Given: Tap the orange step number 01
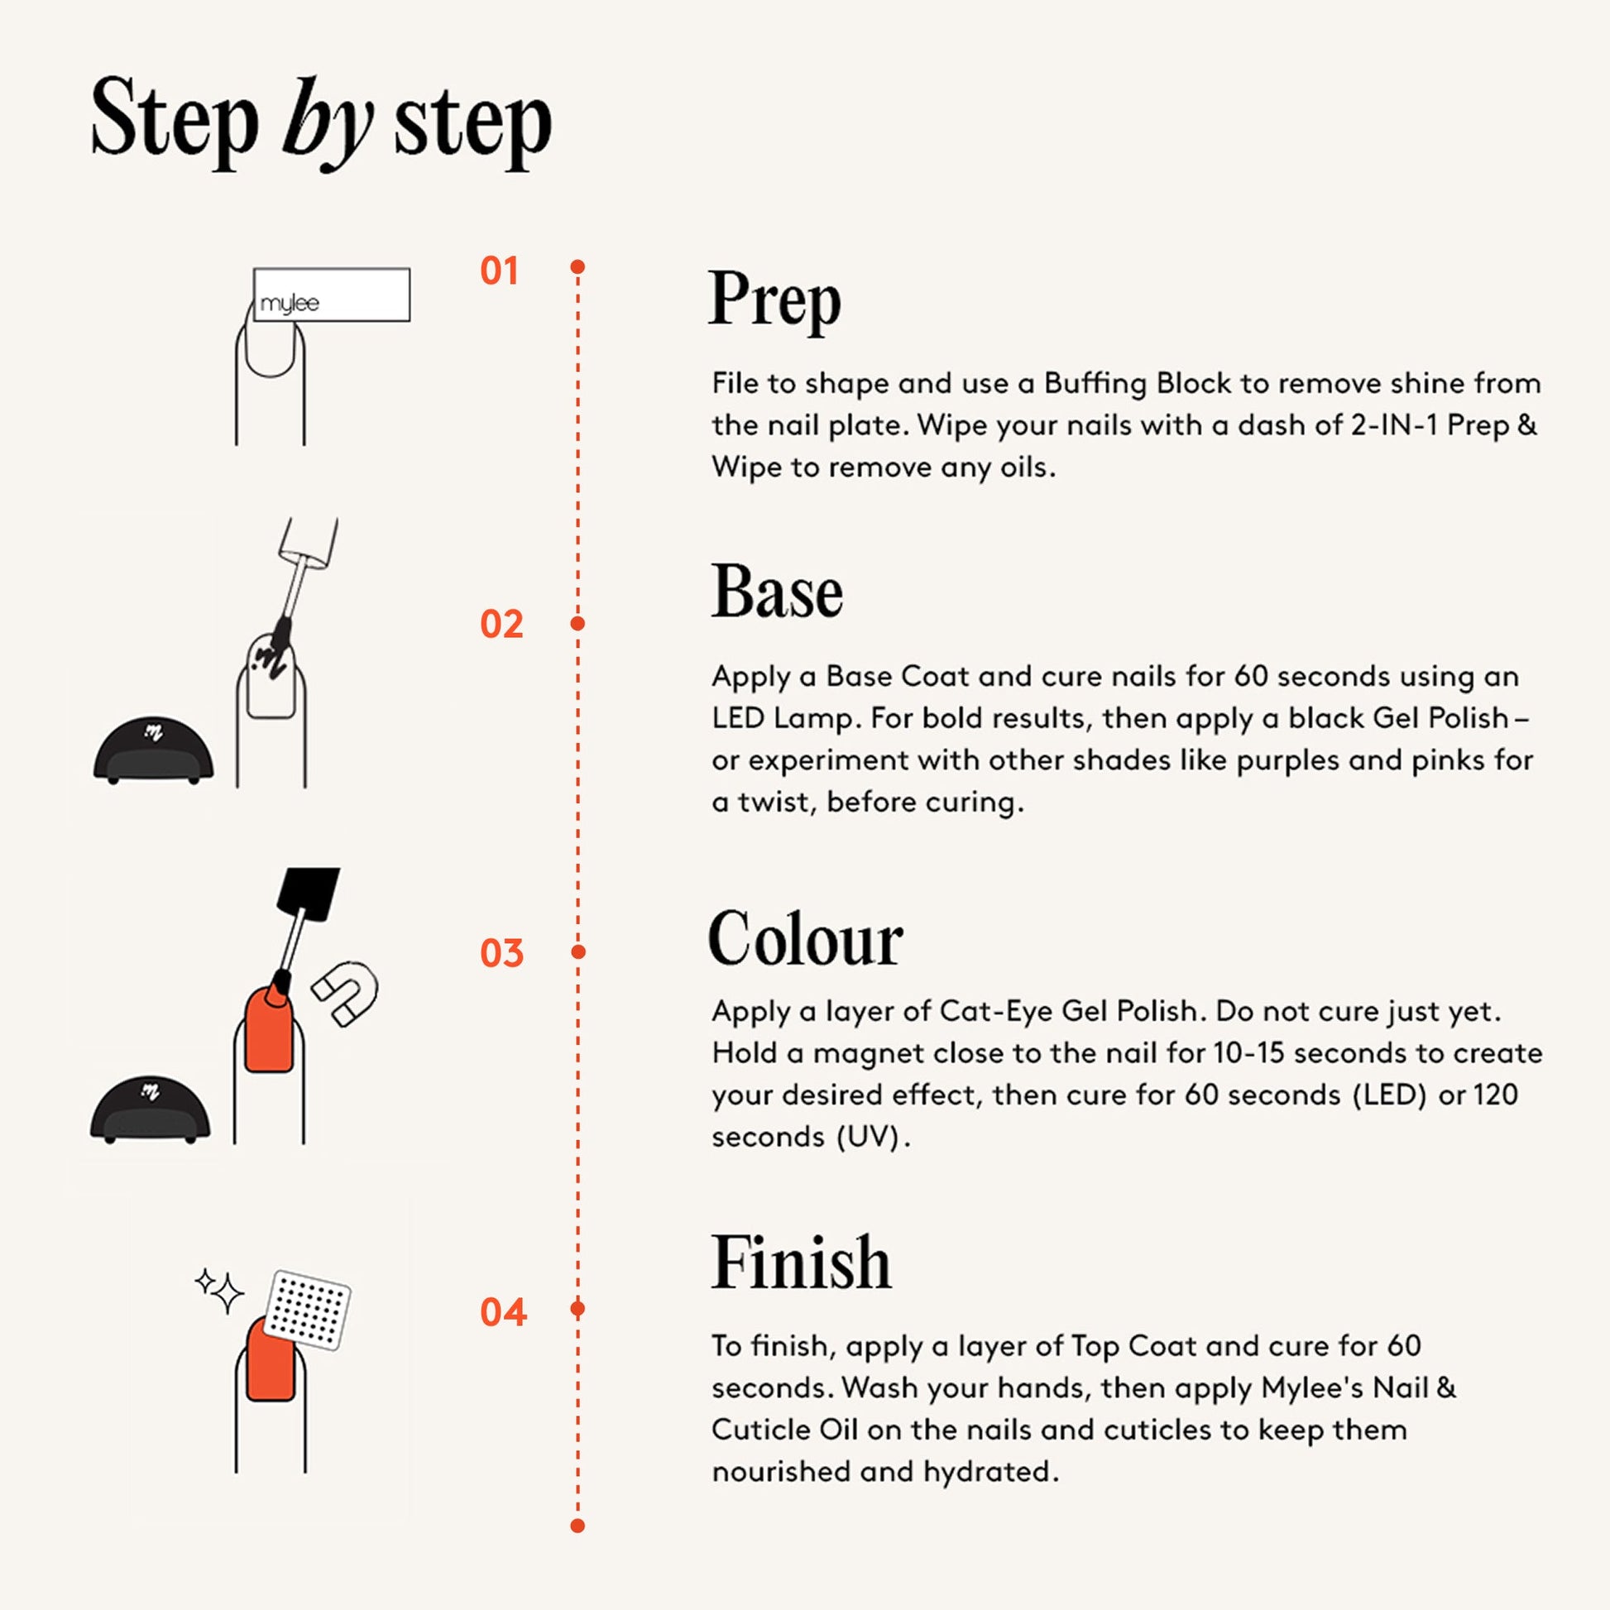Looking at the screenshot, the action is point(499,271).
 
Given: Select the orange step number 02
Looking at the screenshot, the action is point(501,624).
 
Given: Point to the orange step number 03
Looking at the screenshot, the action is point(501,953).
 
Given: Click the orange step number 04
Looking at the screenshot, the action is point(503,1312).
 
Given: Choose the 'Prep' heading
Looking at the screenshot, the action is point(775,301).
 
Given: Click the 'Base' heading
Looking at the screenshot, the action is point(777,592).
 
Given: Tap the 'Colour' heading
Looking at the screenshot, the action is point(805,938).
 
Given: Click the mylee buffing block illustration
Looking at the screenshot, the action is point(332,295).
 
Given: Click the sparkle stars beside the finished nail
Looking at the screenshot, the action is point(219,1291).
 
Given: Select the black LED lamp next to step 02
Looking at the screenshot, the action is point(153,751).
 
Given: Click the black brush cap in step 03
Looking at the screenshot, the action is point(307,894).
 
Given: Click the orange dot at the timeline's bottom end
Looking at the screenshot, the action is point(577,1526).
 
